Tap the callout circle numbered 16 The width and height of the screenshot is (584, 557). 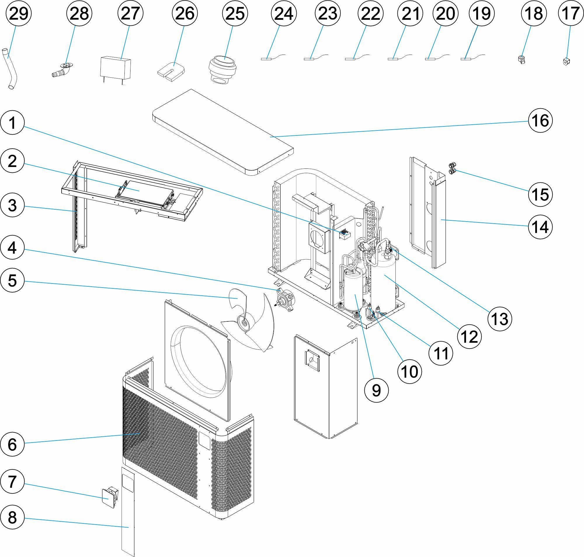pos(540,121)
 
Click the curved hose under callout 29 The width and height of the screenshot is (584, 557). pos(12,68)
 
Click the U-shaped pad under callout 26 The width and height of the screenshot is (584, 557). pos(170,71)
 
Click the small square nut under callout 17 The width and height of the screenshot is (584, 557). pos(566,62)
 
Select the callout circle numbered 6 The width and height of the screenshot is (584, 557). pos(12,445)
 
